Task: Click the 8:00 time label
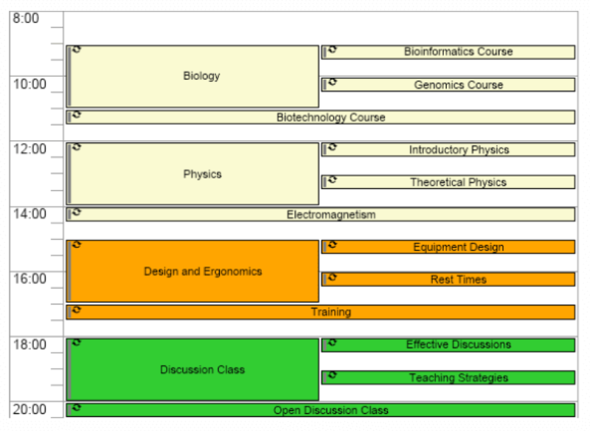26,18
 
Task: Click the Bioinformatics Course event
457,52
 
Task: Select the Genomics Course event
457,85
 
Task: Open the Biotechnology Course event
330,117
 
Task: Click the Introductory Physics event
458,150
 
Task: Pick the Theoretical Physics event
458,182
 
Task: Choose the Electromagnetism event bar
330,215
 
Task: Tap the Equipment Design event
458,247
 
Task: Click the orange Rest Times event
458,280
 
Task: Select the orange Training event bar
330,312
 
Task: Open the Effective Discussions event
458,345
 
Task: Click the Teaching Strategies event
458,378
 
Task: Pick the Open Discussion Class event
330,410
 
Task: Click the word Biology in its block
201,76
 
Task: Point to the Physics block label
202,174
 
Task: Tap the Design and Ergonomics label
202,272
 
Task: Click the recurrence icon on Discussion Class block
77,342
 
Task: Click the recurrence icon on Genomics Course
333,83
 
